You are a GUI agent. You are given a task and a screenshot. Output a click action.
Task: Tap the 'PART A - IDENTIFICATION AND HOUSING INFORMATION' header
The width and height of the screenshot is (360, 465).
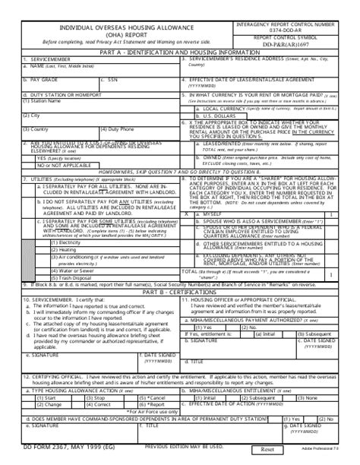[179, 52]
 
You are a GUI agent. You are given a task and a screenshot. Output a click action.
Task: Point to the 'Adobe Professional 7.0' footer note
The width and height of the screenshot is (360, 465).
[336, 452]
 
